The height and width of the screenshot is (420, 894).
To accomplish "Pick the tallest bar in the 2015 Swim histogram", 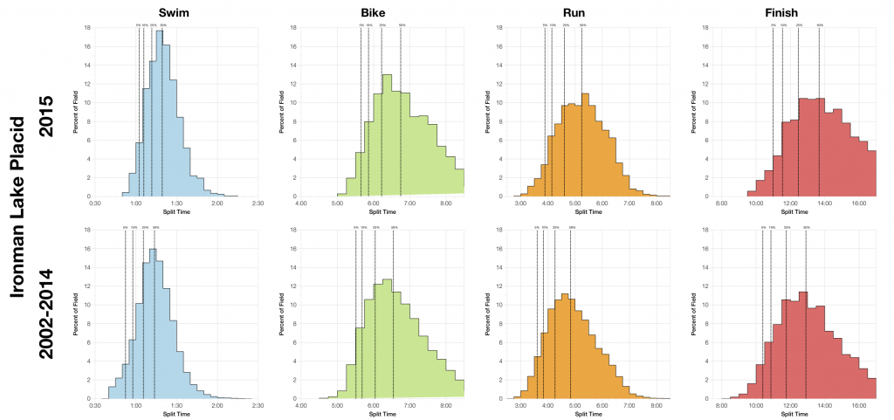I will pyautogui.click(x=160, y=114).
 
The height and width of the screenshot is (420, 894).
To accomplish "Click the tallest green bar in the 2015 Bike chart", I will pyautogui.click(x=387, y=135).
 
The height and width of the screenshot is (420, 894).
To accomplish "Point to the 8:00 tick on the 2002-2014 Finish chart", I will pyautogui.click(x=722, y=405).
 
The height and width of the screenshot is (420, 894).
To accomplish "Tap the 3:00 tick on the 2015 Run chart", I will pyautogui.click(x=520, y=203).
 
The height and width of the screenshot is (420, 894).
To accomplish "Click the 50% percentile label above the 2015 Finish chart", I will pyautogui.click(x=819, y=25).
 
